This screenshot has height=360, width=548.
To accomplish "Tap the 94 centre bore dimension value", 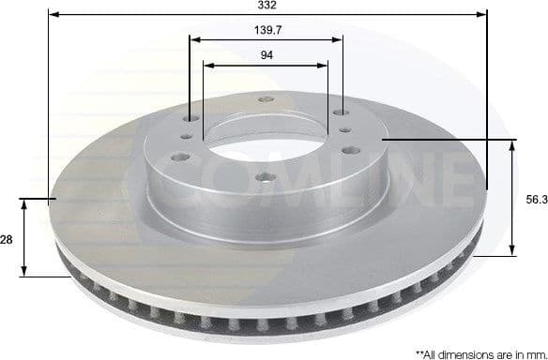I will (x=266, y=56).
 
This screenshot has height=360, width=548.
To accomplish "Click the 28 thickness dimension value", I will (x=7, y=240).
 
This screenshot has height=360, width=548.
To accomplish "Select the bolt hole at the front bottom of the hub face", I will (x=261, y=177).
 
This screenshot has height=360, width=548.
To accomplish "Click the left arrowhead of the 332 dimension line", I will (x=53, y=15).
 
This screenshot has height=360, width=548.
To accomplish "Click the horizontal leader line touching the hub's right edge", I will (x=441, y=140).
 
